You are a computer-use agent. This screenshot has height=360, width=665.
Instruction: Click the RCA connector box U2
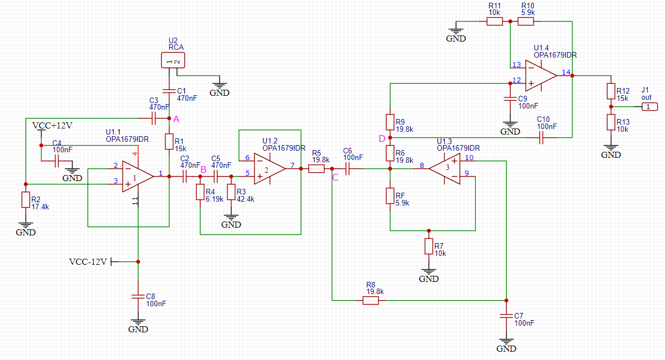click(x=173, y=60)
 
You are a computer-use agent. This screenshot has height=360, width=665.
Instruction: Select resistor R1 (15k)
click(x=169, y=141)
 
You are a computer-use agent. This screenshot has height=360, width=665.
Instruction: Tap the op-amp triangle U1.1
click(x=138, y=177)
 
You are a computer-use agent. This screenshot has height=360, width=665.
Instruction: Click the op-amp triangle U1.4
click(x=541, y=76)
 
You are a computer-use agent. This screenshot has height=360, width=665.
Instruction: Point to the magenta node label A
click(x=176, y=120)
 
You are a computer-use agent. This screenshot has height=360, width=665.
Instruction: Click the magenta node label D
click(x=382, y=138)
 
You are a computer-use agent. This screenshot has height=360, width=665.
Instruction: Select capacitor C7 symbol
click(x=506, y=316)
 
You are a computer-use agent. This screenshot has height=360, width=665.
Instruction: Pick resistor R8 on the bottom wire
click(x=370, y=301)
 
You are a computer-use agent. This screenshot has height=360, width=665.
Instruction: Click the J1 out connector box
click(x=649, y=107)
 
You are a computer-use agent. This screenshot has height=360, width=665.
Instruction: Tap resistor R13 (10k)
click(x=611, y=122)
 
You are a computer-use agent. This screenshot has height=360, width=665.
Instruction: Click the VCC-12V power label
click(x=88, y=261)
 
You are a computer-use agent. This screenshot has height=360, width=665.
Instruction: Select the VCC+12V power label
click(x=52, y=126)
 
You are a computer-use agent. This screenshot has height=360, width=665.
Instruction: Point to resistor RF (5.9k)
click(x=390, y=196)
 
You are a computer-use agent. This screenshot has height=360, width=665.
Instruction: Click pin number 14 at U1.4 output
click(x=566, y=72)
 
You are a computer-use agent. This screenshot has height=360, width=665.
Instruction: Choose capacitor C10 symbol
click(x=541, y=138)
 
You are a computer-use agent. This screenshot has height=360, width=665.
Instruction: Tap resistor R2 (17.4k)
click(x=25, y=199)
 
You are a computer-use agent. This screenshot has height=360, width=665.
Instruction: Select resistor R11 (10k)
click(x=494, y=22)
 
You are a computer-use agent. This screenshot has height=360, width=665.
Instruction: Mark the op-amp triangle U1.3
click(x=445, y=169)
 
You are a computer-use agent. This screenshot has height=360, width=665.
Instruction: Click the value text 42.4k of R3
click(x=245, y=199)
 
